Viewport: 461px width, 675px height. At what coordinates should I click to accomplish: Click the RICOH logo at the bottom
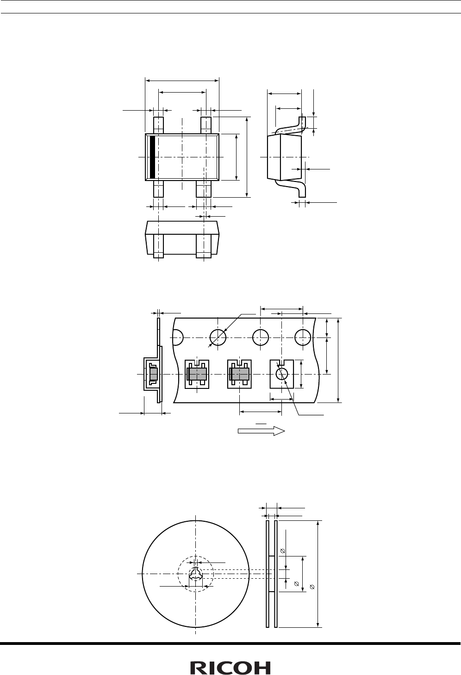coord(230,668)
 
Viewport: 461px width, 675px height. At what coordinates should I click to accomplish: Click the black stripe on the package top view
coord(152,157)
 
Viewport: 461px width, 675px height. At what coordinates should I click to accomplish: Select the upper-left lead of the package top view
coord(158,125)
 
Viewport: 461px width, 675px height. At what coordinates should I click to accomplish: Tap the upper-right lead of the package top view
coord(206,125)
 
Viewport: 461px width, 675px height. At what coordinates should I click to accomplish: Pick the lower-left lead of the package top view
coord(158,189)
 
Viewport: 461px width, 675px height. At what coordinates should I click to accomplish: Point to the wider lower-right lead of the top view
coord(204,189)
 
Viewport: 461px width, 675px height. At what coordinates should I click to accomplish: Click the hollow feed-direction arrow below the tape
coord(261,431)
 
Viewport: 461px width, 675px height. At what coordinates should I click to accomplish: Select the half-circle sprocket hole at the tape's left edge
coord(178,337)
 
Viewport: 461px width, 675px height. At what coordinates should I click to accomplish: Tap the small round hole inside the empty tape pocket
coord(282,374)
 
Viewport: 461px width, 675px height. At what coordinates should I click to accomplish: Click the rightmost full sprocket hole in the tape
coord(303,337)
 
